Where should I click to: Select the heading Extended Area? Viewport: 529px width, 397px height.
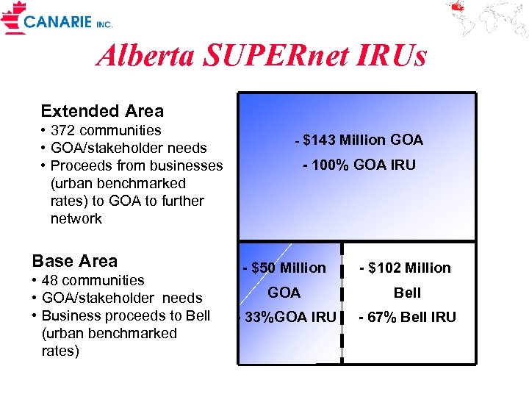click(x=102, y=112)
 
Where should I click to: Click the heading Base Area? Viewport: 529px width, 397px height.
click(x=74, y=261)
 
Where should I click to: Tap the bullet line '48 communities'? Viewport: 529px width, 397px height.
click(x=93, y=280)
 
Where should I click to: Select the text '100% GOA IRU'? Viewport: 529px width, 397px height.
click(x=360, y=165)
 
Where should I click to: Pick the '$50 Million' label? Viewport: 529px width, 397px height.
click(x=287, y=268)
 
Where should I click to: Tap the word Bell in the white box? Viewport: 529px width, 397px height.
click(x=407, y=293)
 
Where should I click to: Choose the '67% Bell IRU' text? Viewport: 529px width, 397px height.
click(x=406, y=318)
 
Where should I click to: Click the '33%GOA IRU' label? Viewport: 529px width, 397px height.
click(x=289, y=318)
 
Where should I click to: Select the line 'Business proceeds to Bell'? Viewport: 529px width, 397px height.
click(x=126, y=315)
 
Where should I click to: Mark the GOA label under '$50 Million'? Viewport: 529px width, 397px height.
click(x=284, y=293)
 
